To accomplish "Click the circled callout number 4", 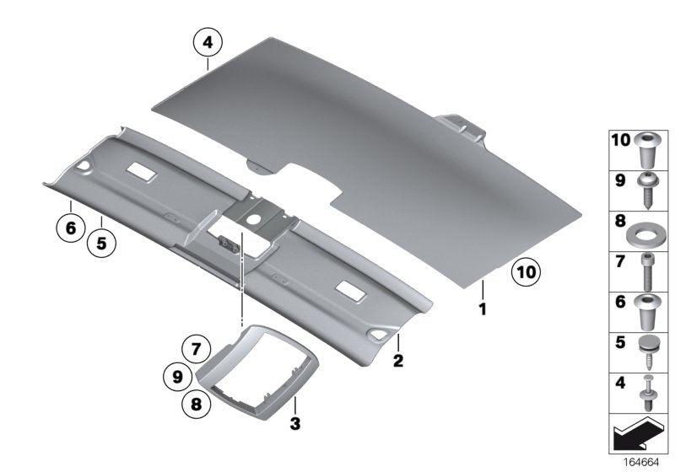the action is (x=208, y=42).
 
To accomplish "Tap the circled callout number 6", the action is (x=71, y=228).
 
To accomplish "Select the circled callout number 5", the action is (x=101, y=244).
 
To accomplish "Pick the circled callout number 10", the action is (x=526, y=272).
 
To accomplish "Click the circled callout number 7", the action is (x=197, y=349).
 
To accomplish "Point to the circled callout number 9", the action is (x=178, y=377).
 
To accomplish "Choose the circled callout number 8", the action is (x=197, y=404).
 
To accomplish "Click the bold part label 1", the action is (x=483, y=309).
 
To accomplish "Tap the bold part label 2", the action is (x=398, y=360).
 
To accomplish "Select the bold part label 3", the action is (x=294, y=423).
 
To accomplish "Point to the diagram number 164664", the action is (x=641, y=463).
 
